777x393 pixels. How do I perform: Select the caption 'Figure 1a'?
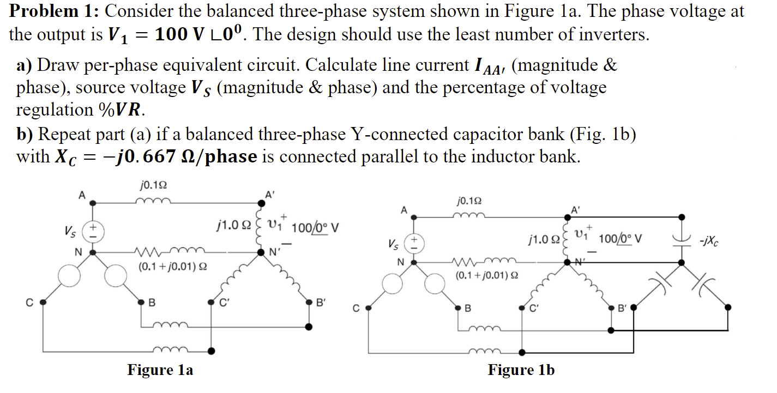160,370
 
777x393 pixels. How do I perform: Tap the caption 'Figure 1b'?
521,370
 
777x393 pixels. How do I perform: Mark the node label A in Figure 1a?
82,195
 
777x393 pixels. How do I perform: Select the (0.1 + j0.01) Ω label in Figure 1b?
484,275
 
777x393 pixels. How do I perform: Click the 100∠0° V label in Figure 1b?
621,238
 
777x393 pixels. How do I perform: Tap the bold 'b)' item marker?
25,134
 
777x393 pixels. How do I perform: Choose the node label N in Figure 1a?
79,252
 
